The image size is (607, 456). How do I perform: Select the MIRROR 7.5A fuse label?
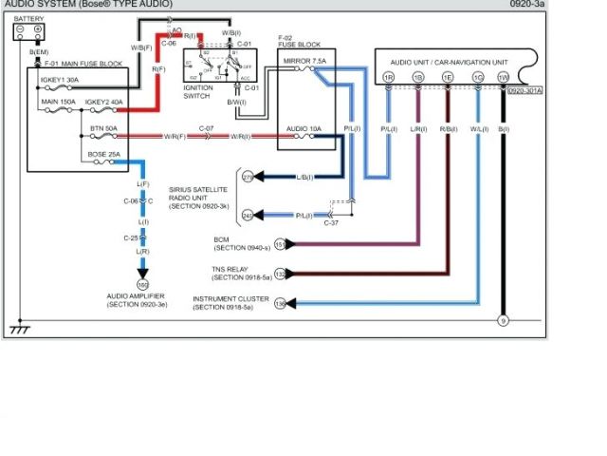point(305,60)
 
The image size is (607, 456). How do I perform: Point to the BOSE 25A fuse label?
point(104,153)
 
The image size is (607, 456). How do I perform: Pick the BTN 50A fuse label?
point(103,126)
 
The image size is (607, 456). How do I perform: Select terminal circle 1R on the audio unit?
point(388,76)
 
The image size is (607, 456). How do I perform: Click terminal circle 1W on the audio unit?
point(503,76)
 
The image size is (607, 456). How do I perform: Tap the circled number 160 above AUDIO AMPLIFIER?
point(143,283)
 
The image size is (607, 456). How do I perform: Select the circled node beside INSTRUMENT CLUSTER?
point(280,305)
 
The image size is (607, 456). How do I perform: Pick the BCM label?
point(222,239)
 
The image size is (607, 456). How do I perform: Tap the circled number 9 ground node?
point(504,320)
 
